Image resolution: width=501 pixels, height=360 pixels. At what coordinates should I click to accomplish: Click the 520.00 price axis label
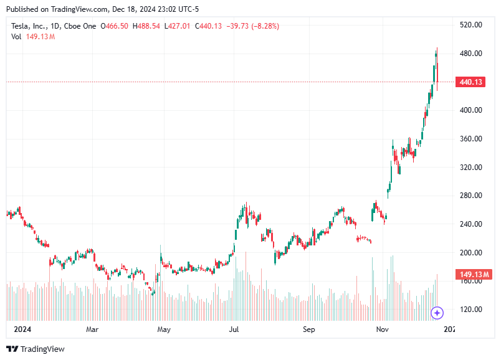(x=470, y=25)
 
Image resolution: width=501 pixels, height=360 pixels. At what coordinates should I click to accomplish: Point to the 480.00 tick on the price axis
(x=470, y=54)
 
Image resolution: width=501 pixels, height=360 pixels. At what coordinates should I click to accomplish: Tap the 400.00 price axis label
(x=470, y=110)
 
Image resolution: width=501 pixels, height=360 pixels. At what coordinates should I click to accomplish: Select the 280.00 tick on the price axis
(x=470, y=196)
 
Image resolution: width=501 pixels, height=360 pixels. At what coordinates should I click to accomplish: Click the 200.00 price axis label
(x=470, y=252)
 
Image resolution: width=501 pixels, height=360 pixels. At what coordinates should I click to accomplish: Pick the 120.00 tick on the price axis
(x=470, y=310)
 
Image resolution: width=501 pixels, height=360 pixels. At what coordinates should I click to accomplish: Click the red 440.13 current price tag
(x=471, y=82)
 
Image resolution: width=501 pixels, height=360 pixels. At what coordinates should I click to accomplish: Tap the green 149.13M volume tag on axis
(x=474, y=275)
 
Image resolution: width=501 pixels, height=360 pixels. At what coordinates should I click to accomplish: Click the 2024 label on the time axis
(x=22, y=329)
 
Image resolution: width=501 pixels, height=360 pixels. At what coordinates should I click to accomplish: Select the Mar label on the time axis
(x=92, y=329)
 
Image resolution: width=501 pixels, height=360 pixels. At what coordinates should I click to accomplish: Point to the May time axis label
(x=164, y=329)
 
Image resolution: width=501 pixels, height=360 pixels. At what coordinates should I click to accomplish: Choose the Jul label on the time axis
(x=234, y=329)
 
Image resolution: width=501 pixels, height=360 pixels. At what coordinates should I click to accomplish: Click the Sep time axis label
(x=309, y=329)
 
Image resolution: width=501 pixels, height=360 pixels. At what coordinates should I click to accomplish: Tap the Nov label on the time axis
(x=383, y=329)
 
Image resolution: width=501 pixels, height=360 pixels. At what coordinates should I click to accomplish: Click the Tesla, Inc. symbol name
(x=34, y=26)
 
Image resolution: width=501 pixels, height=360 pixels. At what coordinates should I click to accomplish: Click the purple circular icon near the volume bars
(x=437, y=312)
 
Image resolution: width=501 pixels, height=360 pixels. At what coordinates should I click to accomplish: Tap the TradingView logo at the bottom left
(x=36, y=349)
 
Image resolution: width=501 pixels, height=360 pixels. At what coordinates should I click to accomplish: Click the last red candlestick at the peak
(x=437, y=72)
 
